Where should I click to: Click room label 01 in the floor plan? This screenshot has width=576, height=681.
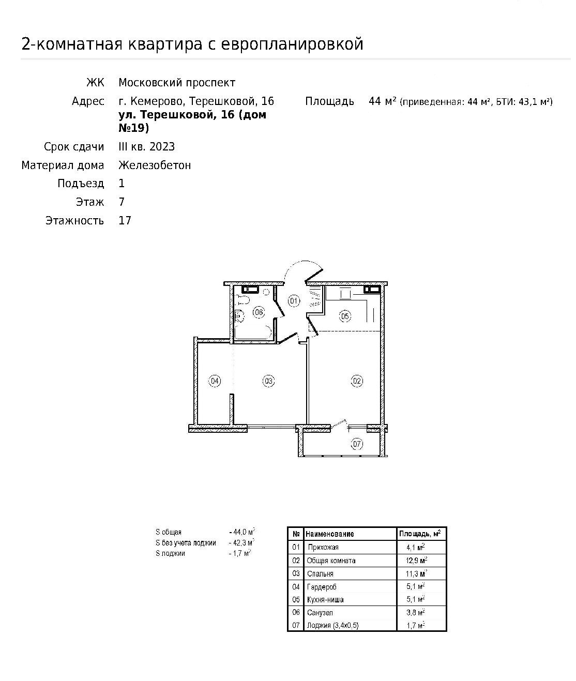tap(294, 300)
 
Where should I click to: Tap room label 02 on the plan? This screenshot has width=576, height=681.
tap(357, 382)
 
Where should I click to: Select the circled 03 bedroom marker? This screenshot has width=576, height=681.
tap(268, 382)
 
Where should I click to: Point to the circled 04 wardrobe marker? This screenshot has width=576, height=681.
tap(215, 382)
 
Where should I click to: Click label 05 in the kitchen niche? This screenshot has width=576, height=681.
tap(345, 316)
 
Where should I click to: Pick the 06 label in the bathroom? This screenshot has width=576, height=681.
tap(259, 312)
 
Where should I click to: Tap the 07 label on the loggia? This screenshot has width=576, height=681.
tap(357, 444)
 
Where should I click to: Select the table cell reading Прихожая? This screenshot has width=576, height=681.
tap(323, 547)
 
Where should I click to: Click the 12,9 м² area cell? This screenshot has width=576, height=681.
tap(417, 561)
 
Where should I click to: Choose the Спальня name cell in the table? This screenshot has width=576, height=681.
tap(320, 573)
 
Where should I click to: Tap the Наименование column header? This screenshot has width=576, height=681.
tap(330, 534)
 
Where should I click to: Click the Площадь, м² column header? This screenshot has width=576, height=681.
tap(419, 534)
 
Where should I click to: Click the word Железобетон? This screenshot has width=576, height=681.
tap(155, 165)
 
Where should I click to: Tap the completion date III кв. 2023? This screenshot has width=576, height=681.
tap(147, 147)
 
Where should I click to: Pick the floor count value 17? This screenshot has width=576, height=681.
tap(125, 221)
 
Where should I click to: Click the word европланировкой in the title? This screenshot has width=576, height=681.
tap(292, 44)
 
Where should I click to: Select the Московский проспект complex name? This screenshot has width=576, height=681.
tap(177, 83)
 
